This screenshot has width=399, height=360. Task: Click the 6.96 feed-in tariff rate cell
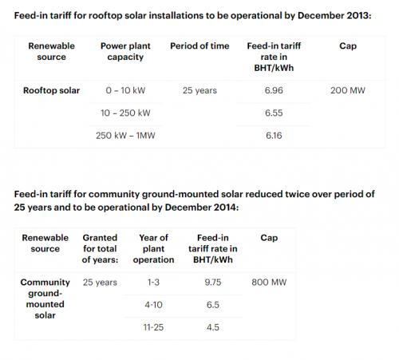[x=274, y=90]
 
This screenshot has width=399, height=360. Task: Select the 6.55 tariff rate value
[x=274, y=113]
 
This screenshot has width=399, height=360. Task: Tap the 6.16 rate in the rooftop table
[x=274, y=136]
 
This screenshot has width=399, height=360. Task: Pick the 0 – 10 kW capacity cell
[x=125, y=90]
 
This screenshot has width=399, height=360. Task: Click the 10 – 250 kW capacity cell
[x=125, y=113]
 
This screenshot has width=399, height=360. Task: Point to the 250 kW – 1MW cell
[x=125, y=136]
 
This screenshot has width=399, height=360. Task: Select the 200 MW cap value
[x=348, y=90]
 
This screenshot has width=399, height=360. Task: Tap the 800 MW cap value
[x=269, y=283]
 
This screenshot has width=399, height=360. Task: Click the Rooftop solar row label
[x=51, y=90]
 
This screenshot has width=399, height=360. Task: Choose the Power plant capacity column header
[x=125, y=51]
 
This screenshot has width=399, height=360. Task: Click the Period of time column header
[x=199, y=46]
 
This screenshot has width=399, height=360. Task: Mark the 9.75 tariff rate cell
[x=213, y=283]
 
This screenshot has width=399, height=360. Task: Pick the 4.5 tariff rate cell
[x=213, y=327]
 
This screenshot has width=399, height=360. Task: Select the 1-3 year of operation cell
[x=153, y=283]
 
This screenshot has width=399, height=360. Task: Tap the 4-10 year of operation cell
[x=153, y=305]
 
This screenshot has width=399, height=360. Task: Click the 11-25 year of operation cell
[x=153, y=327]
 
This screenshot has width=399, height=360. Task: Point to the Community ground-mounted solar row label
[x=45, y=299]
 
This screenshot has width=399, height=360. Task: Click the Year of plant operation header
[x=153, y=249]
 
